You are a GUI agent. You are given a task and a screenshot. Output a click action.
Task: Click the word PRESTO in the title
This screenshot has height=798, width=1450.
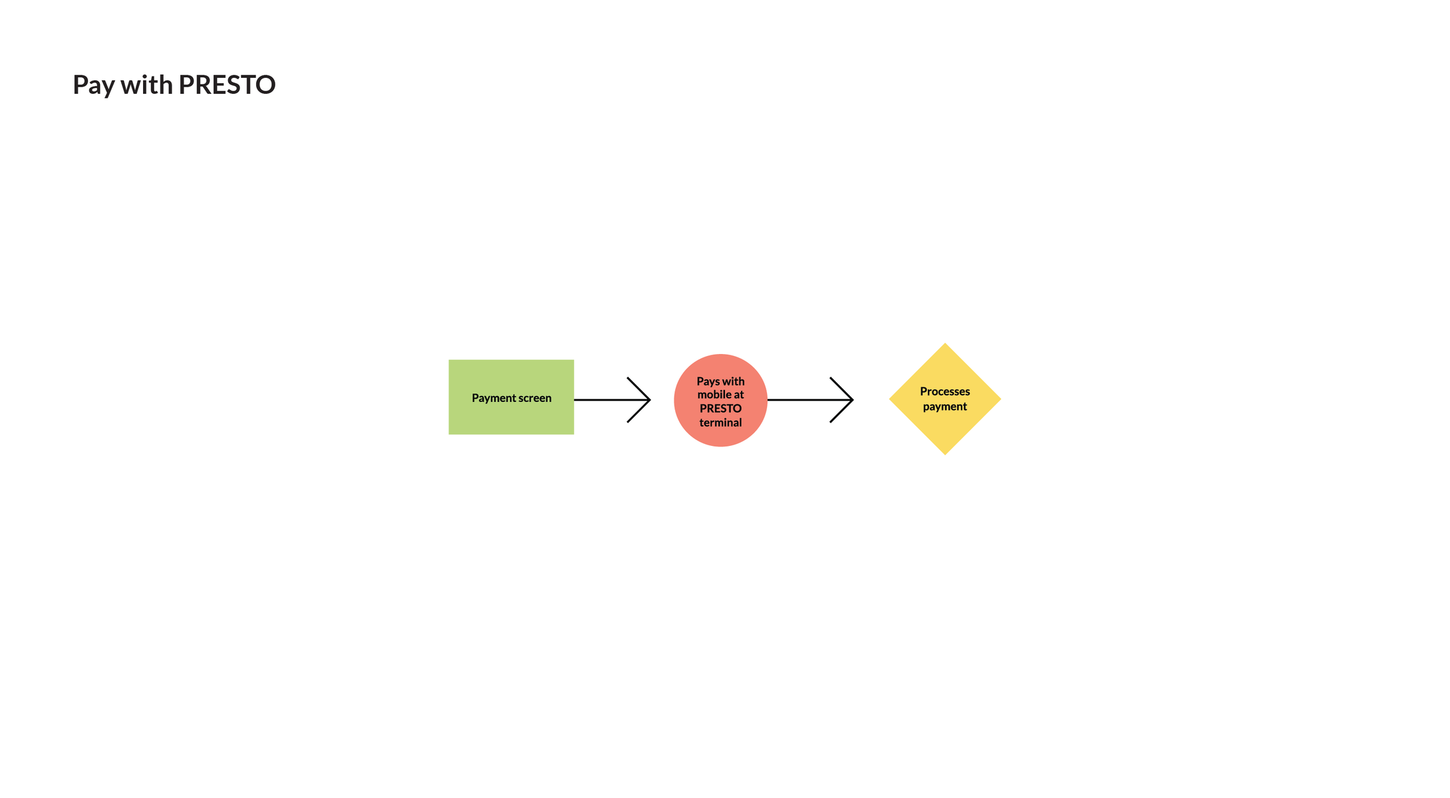227,85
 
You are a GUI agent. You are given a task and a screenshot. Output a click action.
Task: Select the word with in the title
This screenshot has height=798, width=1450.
146,85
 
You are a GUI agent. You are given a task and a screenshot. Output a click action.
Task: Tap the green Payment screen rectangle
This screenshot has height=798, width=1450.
511,397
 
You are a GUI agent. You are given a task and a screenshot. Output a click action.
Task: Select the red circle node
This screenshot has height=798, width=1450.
720,400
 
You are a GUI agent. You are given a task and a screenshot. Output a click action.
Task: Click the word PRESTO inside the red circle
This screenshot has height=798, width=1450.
720,409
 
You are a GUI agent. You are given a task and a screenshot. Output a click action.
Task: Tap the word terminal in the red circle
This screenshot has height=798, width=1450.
720,423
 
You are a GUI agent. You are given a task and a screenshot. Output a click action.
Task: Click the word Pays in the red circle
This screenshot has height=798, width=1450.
708,381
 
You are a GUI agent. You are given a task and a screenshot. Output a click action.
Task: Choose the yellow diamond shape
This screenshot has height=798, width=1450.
944,399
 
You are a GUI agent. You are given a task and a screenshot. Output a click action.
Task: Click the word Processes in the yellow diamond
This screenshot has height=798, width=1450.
944,391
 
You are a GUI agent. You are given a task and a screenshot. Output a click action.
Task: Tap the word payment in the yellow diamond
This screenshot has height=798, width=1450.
944,407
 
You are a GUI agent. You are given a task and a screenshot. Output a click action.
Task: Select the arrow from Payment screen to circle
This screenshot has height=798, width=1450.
612,400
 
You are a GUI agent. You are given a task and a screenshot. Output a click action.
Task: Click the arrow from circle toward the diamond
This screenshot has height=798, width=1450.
810,400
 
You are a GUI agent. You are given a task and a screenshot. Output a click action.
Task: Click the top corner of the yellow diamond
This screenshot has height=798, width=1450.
944,343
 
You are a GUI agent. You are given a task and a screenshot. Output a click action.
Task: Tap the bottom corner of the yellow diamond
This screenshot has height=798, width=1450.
944,455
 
